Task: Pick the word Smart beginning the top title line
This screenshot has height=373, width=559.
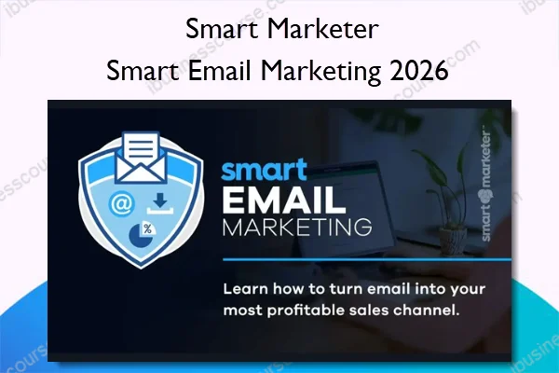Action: click(221, 28)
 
